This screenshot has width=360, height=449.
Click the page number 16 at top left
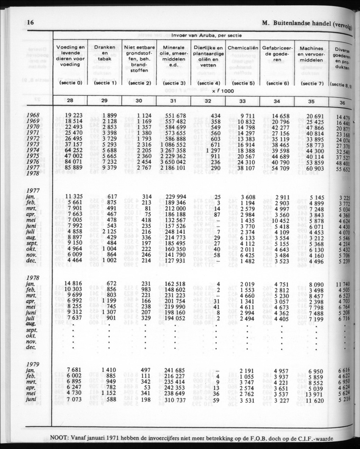[30, 22]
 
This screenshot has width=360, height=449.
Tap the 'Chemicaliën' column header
[243, 47]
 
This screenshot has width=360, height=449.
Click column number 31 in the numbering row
[173, 101]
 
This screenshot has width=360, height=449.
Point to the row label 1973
[35, 144]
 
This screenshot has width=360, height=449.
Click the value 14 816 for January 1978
[73, 283]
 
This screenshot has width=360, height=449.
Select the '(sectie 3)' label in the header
[173, 83]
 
